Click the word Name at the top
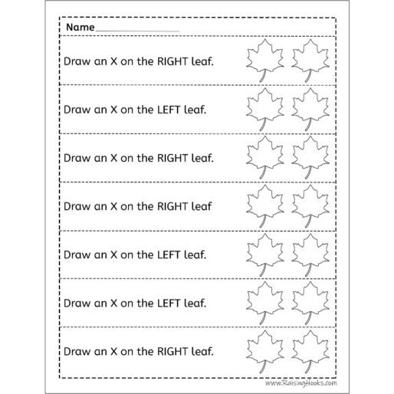click(x=80, y=27)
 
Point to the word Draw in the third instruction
click(x=77, y=158)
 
